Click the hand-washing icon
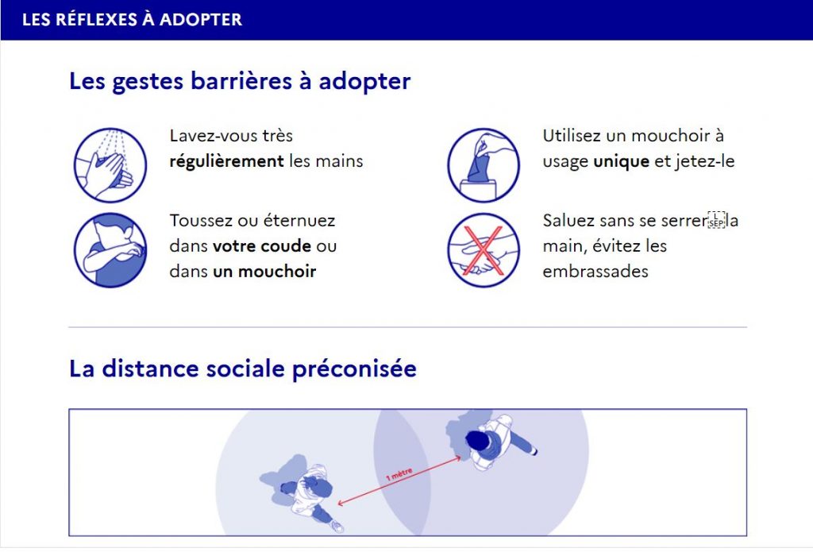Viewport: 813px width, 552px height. coord(110,165)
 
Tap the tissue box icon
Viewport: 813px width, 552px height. coord(484,165)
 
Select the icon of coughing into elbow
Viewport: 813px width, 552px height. coord(110,250)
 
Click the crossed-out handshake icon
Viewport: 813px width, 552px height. coord(484,250)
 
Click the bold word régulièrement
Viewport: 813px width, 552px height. coord(226,161)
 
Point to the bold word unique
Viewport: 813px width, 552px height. coord(621,161)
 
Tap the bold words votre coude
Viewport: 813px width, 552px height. coord(262,246)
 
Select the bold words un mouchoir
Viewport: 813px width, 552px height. coord(264,272)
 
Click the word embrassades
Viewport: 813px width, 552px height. coord(595,272)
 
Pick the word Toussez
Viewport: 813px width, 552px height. coord(201,221)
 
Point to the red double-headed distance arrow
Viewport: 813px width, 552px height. coord(399,481)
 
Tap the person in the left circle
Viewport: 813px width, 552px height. coord(306,493)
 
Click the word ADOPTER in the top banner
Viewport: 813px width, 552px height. coord(201,20)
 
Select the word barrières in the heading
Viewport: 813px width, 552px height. coord(241,82)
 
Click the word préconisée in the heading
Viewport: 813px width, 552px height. coord(354,369)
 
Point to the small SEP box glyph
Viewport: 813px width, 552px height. coord(717,220)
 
